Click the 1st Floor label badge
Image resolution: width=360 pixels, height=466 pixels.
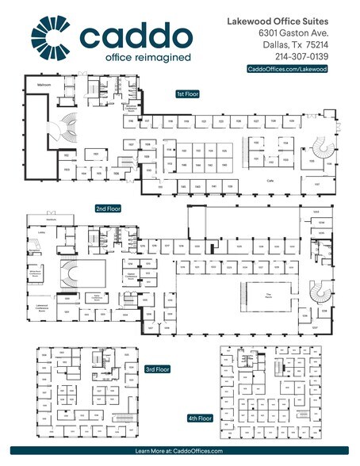coord(188,94)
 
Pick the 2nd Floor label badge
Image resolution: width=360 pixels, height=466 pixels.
coord(107,208)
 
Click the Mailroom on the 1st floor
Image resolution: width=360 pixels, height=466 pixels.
coord(44,83)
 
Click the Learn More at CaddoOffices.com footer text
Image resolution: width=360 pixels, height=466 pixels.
coord(180,450)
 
